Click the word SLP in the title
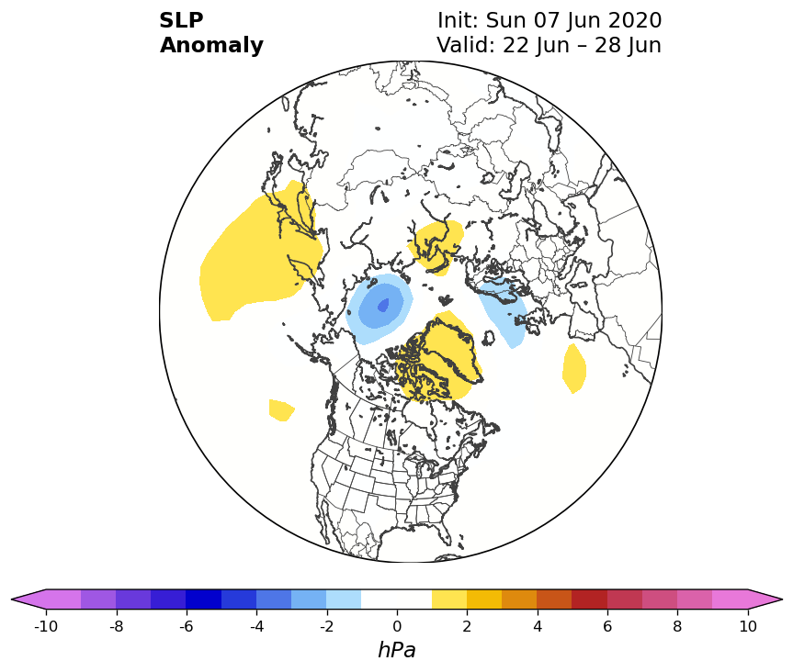pyautogui.click(x=181, y=20)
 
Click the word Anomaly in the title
pyautogui.click(x=211, y=45)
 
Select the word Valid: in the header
pyautogui.click(x=466, y=45)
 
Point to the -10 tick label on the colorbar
pyautogui.click(x=46, y=626)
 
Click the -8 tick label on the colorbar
pyautogui.click(x=117, y=626)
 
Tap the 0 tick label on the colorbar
pyautogui.click(x=397, y=626)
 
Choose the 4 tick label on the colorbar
pyautogui.click(x=538, y=626)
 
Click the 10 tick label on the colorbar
pyautogui.click(x=748, y=626)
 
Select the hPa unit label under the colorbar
pyautogui.click(x=397, y=650)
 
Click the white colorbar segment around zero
pyautogui.click(x=397, y=599)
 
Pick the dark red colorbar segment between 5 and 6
pyautogui.click(x=589, y=599)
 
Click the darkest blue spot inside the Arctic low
pyautogui.click(x=383, y=306)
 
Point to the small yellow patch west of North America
pyautogui.click(x=280, y=409)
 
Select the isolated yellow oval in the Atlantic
pyautogui.click(x=574, y=368)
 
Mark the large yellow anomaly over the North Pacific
pyautogui.click(x=260, y=252)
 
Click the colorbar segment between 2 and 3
pyautogui.click(x=484, y=599)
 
